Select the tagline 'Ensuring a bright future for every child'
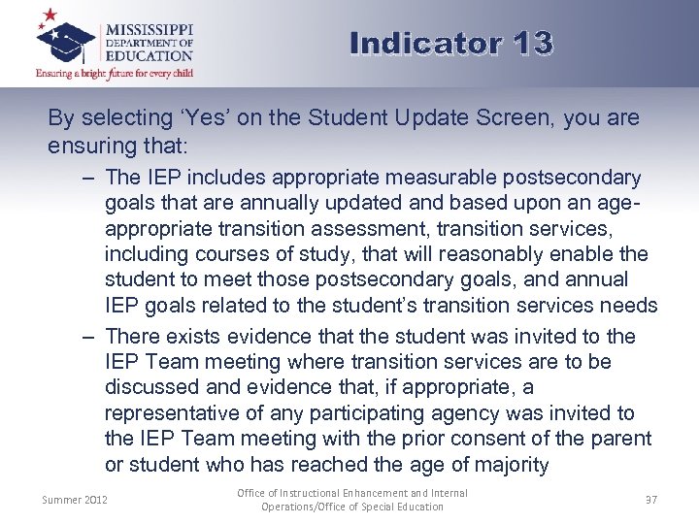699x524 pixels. click(x=115, y=73)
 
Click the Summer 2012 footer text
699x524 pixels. click(x=76, y=500)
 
